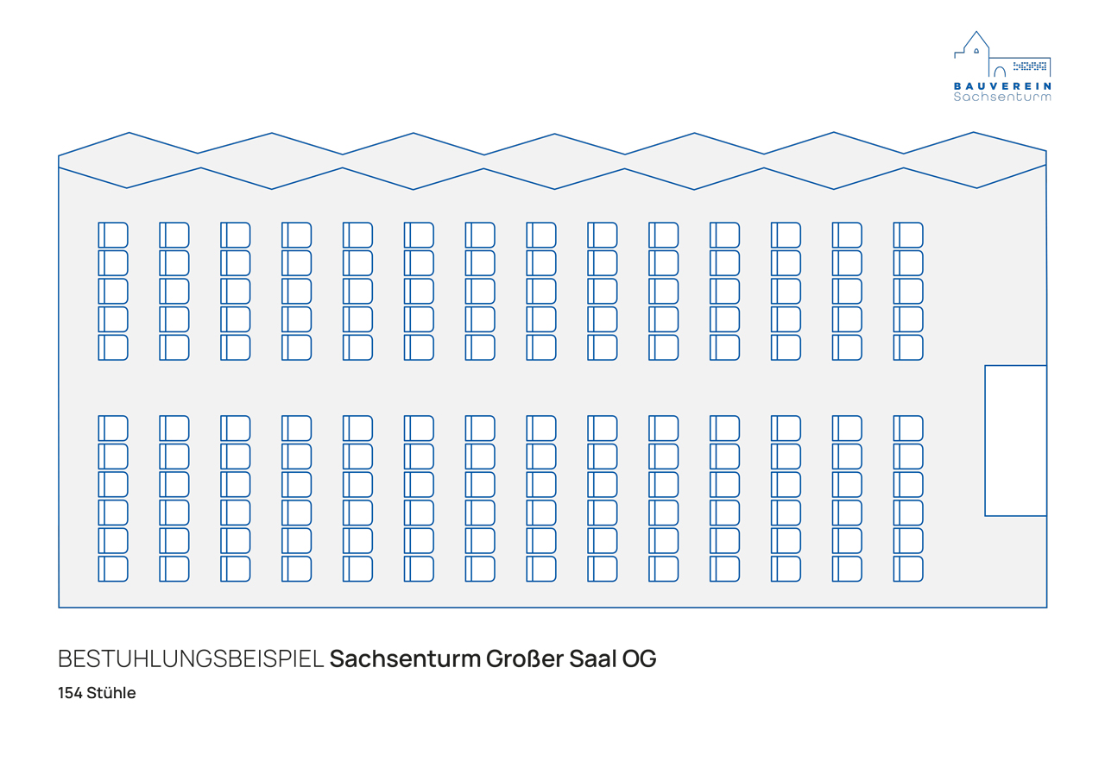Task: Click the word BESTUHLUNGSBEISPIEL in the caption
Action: (191, 659)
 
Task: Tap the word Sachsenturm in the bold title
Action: (405, 659)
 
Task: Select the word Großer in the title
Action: (523, 659)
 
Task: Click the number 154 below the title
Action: (70, 693)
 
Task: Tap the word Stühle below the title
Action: (111, 693)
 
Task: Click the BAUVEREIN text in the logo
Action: (1002, 86)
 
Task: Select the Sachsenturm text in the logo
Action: (1002, 98)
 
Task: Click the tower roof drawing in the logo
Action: (976, 41)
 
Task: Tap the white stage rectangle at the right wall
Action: (1015, 440)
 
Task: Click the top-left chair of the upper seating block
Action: (113, 235)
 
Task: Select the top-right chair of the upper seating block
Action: (908, 235)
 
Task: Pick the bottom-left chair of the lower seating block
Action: (113, 569)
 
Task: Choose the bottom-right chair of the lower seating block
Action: (908, 569)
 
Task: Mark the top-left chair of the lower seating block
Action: (113, 428)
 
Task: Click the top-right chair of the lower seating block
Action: (908, 428)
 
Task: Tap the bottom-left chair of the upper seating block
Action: (113, 347)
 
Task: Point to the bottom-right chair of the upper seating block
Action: (908, 347)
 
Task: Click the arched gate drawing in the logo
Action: (1000, 72)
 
